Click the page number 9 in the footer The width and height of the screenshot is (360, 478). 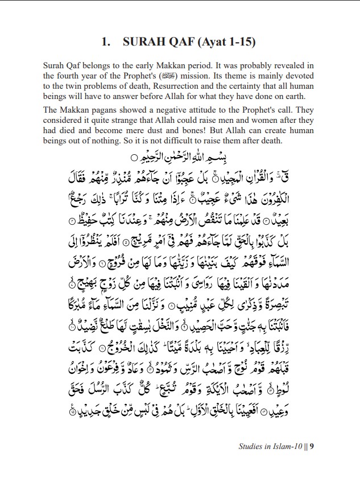[312, 447]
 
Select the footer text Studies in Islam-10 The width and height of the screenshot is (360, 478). [271, 447]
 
